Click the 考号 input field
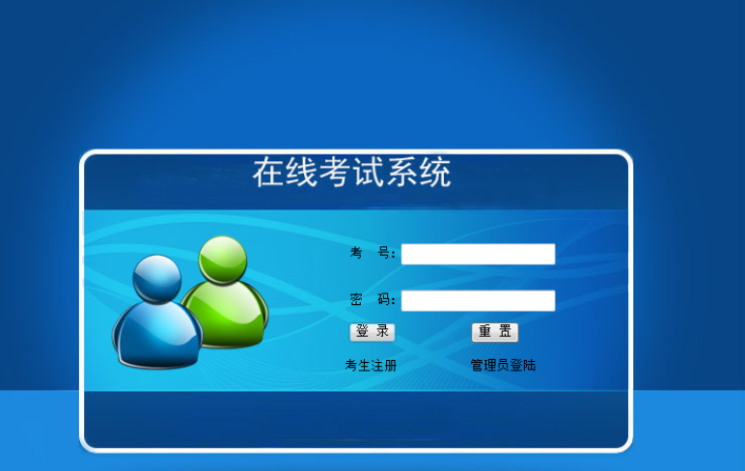[478, 254]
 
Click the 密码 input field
[478, 301]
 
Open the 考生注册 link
[372, 366]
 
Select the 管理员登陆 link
[503, 366]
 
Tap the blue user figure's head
[156, 278]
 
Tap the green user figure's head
[222, 258]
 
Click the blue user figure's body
[157, 333]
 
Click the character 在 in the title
[269, 174]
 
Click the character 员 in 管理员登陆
[503, 366]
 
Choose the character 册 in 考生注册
[391, 366]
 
